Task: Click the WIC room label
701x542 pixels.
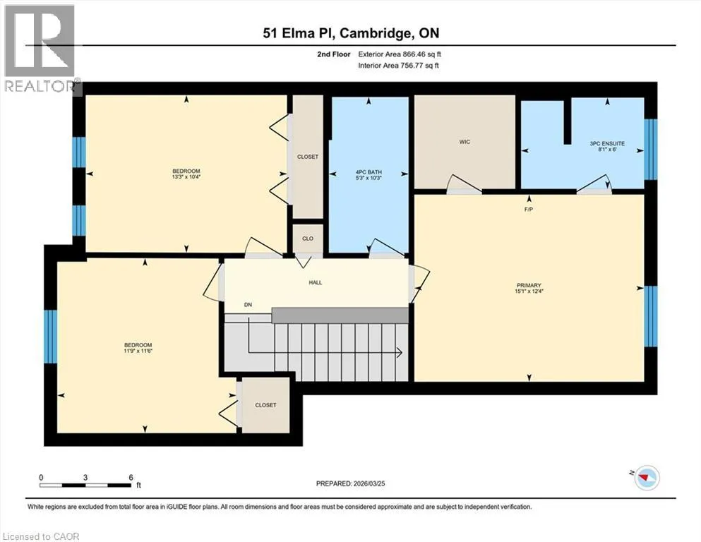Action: [x=465, y=142]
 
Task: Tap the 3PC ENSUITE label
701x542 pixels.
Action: [x=607, y=143]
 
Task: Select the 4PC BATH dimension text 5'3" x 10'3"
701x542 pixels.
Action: [x=369, y=178]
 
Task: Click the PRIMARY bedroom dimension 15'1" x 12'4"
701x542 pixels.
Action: [x=529, y=291]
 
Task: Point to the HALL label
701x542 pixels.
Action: [x=315, y=282]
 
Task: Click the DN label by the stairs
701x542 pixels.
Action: [x=248, y=305]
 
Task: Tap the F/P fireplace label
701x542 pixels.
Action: [x=529, y=209]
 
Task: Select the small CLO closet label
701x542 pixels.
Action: [x=308, y=239]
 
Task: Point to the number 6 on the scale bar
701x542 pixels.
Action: [x=131, y=477]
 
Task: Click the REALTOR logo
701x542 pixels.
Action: [x=40, y=49]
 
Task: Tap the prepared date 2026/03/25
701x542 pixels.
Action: [x=369, y=483]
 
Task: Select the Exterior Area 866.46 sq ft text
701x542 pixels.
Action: [x=400, y=54]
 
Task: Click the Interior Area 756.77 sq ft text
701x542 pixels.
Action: [x=398, y=65]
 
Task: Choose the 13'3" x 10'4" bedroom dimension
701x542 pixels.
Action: [x=186, y=177]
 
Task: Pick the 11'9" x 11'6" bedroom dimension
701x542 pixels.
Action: [x=138, y=351]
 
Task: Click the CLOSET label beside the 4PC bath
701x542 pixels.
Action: [x=308, y=157]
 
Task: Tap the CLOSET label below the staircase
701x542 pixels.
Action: [x=265, y=405]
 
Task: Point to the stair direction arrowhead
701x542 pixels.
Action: [x=400, y=353]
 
